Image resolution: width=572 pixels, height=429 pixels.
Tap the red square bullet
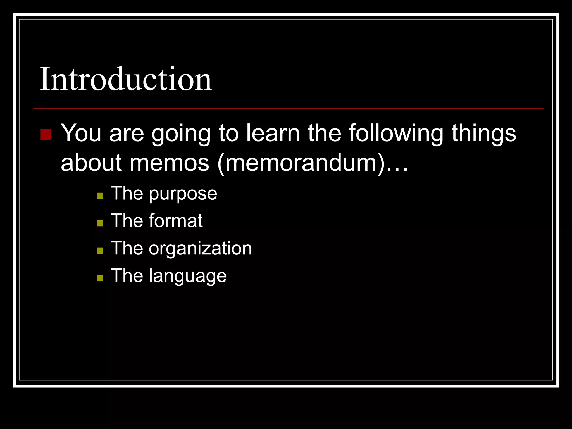click(46, 134)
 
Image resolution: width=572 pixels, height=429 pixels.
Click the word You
click(81, 133)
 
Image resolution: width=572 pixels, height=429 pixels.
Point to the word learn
click(273, 133)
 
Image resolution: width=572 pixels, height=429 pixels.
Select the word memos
click(169, 163)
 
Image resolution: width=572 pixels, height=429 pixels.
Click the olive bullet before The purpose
click(100, 196)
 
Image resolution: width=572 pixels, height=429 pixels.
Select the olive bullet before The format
click(100, 223)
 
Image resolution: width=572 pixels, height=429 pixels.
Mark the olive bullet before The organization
click(100, 251)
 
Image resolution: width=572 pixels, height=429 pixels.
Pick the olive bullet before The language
click(100, 278)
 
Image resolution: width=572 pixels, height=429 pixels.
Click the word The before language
click(127, 276)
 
